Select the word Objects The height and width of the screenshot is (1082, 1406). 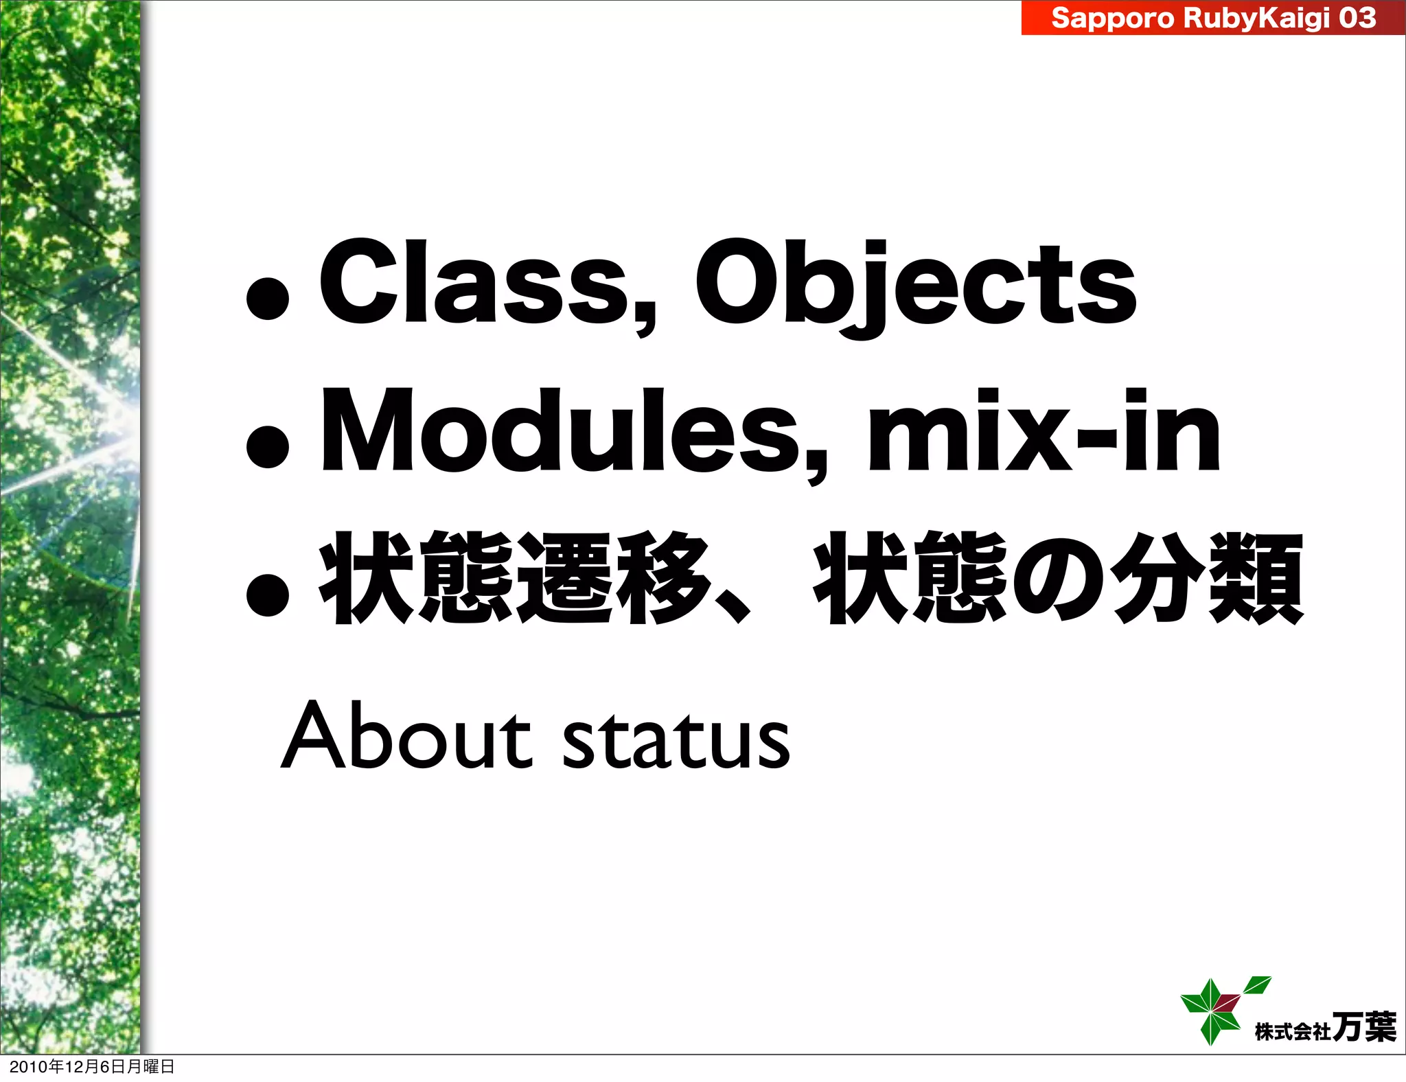click(917, 283)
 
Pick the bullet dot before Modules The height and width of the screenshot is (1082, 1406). click(267, 447)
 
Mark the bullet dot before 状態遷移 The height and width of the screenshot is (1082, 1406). click(267, 594)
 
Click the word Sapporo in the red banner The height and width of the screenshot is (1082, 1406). click(1112, 18)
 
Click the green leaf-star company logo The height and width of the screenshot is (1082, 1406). click(1212, 1010)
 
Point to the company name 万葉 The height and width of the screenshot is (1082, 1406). click(1363, 1028)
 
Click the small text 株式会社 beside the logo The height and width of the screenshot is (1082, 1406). click(1293, 1032)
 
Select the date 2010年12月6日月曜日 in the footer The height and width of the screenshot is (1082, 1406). click(92, 1067)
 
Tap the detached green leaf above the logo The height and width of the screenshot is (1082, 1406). click(1258, 985)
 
